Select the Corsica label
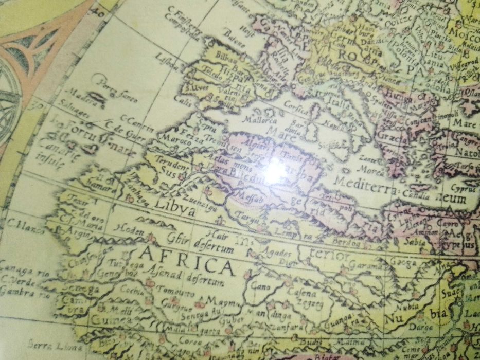tap(297, 110)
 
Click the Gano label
tap(260, 286)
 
